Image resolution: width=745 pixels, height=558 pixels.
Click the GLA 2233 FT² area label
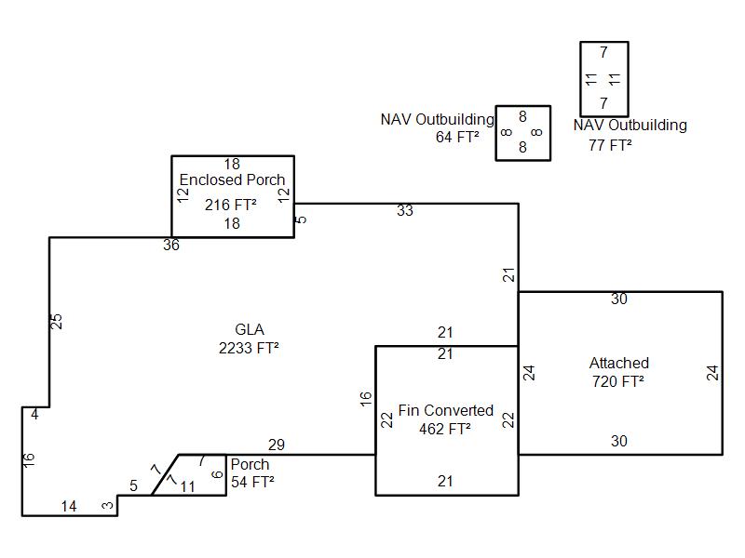click(249, 339)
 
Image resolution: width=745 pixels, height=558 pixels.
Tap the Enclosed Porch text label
click(232, 179)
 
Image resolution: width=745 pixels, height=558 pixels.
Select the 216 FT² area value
click(231, 205)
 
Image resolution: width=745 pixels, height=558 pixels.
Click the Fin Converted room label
click(446, 410)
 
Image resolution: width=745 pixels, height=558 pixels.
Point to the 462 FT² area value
click(445, 429)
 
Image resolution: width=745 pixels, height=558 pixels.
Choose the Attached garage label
click(619, 363)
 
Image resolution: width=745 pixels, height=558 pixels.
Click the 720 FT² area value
click(618, 381)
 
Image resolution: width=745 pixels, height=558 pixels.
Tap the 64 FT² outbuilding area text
click(457, 137)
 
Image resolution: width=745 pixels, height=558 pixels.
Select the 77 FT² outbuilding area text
click(610, 145)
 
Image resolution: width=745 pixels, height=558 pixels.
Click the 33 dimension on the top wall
click(405, 211)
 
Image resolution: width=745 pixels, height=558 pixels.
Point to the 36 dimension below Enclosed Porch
click(171, 245)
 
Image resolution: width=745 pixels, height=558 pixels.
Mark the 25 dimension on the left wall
click(56, 321)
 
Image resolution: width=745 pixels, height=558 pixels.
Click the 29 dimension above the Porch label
click(277, 445)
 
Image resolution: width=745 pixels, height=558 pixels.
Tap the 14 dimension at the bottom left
click(69, 506)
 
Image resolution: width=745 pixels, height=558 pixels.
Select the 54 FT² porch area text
click(252, 482)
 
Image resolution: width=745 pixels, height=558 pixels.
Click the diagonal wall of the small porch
click(166, 475)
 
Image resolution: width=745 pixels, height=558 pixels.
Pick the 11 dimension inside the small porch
click(188, 486)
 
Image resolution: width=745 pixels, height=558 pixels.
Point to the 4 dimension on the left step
click(34, 414)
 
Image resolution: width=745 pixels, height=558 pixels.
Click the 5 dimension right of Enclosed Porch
click(301, 219)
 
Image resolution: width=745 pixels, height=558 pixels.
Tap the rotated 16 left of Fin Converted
click(365, 399)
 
